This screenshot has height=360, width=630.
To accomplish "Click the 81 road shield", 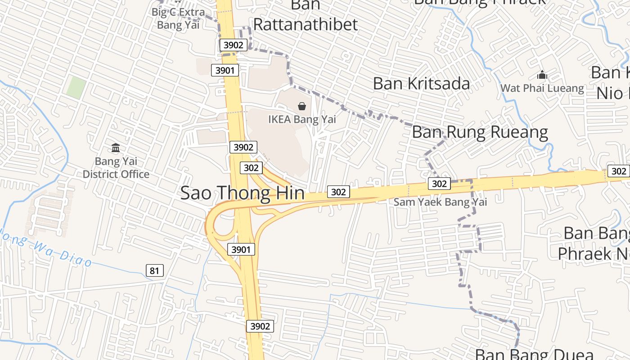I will (154, 270).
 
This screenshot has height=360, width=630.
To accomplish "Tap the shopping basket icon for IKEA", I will (302, 107).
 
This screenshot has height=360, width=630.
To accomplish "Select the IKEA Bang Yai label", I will (302, 120).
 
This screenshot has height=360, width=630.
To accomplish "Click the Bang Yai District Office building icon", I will (116, 148).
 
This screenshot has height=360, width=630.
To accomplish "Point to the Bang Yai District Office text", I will (116, 167).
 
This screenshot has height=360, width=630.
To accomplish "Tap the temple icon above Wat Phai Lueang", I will (542, 75).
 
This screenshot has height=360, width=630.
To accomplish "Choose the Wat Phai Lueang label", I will (542, 88).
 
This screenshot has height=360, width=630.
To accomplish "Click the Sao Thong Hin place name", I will (242, 193).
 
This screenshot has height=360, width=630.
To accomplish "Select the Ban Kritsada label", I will (421, 83).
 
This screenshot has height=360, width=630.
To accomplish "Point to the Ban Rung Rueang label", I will (480, 132).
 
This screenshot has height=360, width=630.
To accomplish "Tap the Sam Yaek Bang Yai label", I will (440, 202).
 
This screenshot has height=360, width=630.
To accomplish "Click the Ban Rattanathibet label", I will (306, 24).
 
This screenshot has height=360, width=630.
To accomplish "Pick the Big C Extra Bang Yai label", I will (178, 18).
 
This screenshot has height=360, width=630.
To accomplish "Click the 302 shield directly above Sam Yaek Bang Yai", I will (439, 183).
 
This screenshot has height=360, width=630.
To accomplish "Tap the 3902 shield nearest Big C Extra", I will (233, 45).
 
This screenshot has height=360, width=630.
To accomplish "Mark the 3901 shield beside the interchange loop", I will (241, 249).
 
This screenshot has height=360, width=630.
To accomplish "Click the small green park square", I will (76, 87).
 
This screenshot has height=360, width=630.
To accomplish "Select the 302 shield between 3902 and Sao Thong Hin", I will (251, 168).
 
